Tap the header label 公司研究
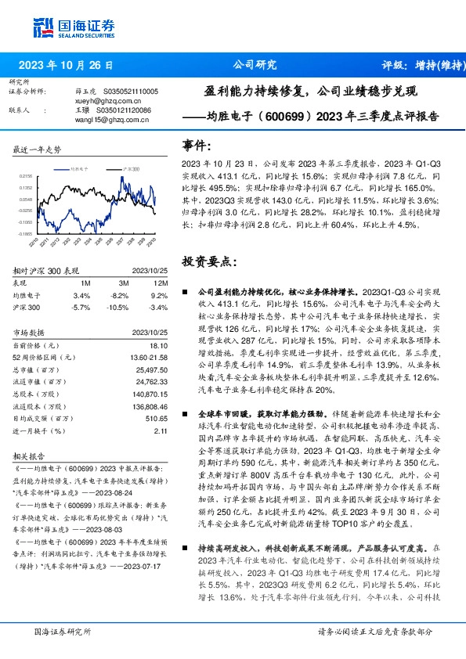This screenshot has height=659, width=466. (255, 65)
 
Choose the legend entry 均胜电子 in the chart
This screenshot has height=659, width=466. (78, 168)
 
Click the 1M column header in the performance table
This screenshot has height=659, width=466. (85, 283)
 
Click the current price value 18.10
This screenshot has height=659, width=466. (158, 345)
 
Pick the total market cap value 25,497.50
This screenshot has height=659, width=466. (151, 369)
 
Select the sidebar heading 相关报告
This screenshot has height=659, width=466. (30, 454)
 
